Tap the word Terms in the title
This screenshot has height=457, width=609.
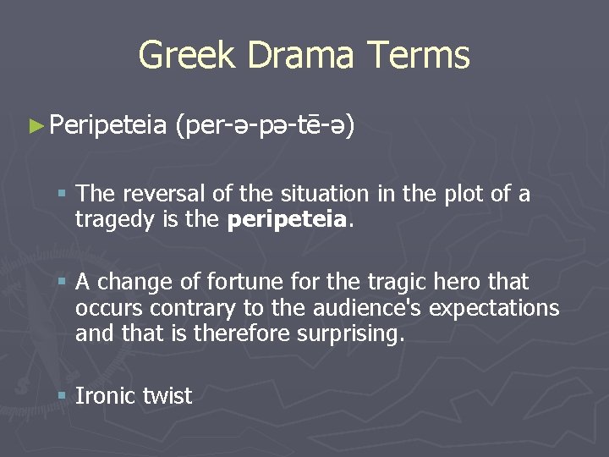click(x=420, y=56)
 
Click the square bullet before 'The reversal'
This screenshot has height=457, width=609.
click(x=63, y=195)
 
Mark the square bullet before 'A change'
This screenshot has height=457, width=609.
click(x=63, y=281)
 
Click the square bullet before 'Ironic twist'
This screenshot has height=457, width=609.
click(x=63, y=395)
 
